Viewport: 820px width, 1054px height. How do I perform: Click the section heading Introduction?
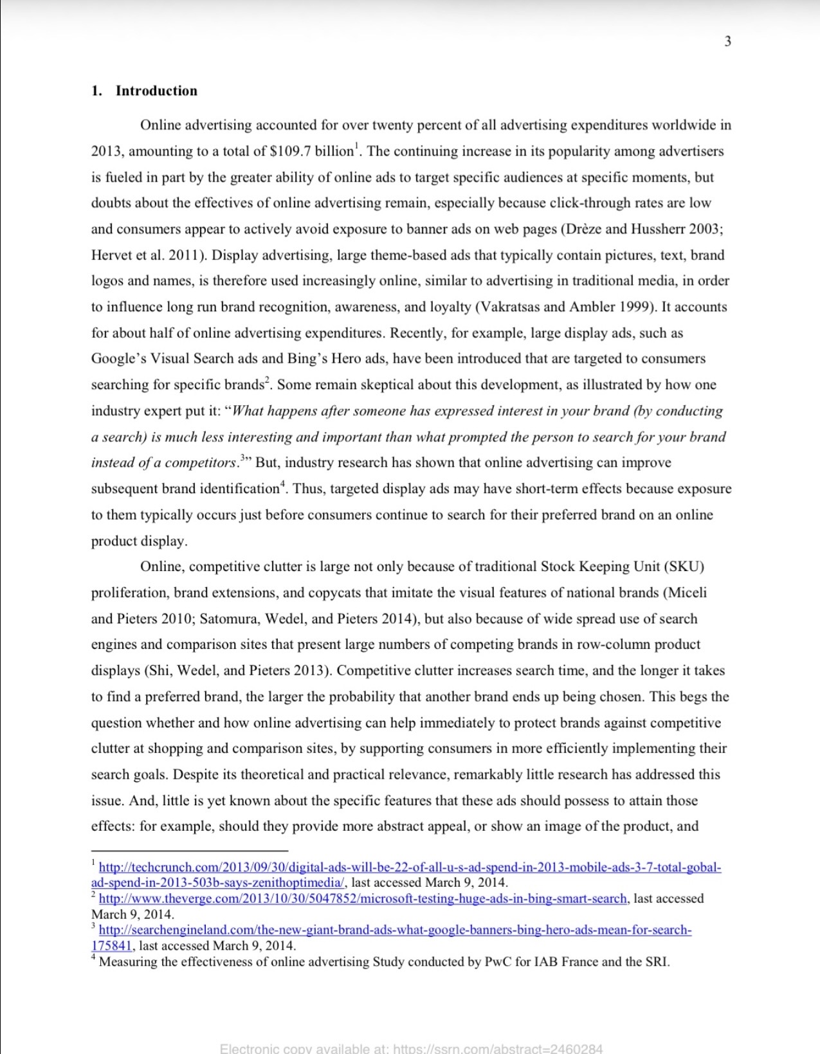[156, 91]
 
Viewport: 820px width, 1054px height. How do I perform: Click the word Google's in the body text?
[119, 359]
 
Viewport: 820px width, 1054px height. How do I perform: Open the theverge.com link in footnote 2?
[363, 899]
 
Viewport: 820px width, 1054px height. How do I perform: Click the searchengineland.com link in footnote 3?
[395, 930]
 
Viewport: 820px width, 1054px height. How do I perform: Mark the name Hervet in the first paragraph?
[112, 255]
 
